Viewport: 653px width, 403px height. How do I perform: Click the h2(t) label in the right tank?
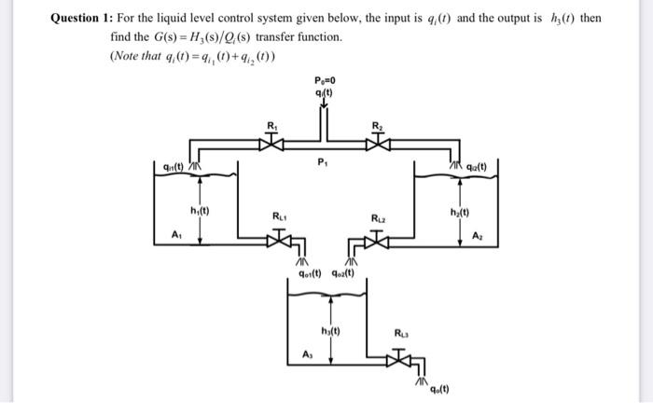456,211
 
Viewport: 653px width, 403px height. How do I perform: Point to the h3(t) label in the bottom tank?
330,330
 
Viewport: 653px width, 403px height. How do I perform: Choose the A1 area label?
175,234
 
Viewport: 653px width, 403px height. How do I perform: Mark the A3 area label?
310,353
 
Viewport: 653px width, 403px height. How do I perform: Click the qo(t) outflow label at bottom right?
438,389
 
